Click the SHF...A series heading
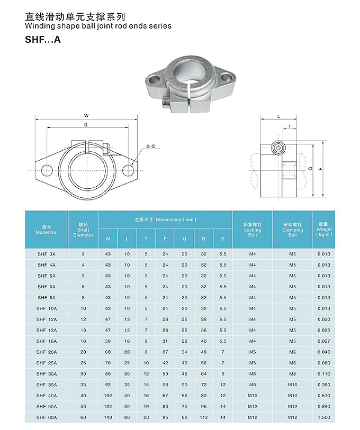[43, 39]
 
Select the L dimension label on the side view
[278, 115]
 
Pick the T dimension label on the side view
[290, 127]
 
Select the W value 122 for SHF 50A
[108, 407]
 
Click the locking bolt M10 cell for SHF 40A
[253, 396]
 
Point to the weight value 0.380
[324, 385]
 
